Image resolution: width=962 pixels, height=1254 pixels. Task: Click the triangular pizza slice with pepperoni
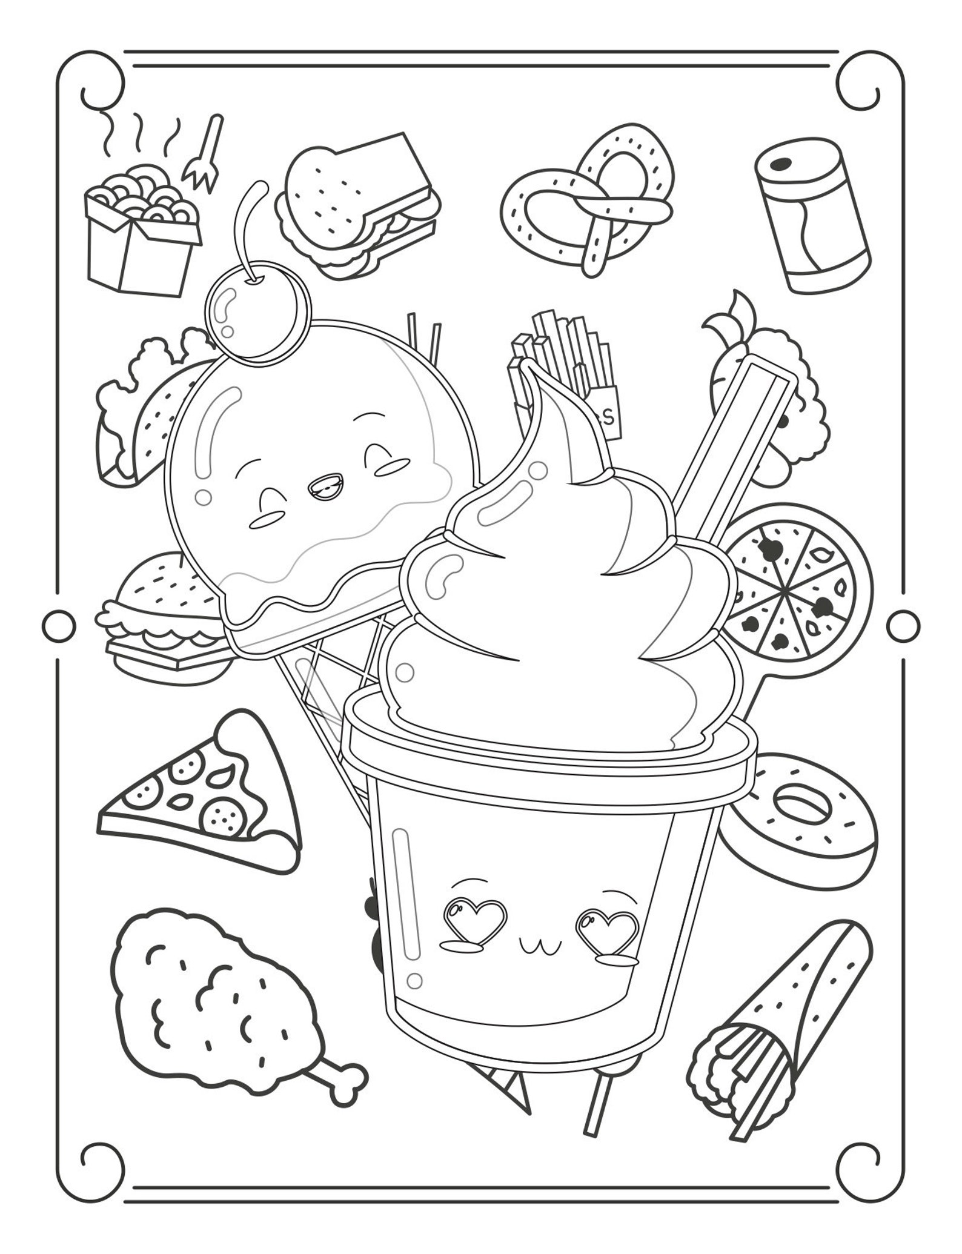pyautogui.click(x=200, y=794)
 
